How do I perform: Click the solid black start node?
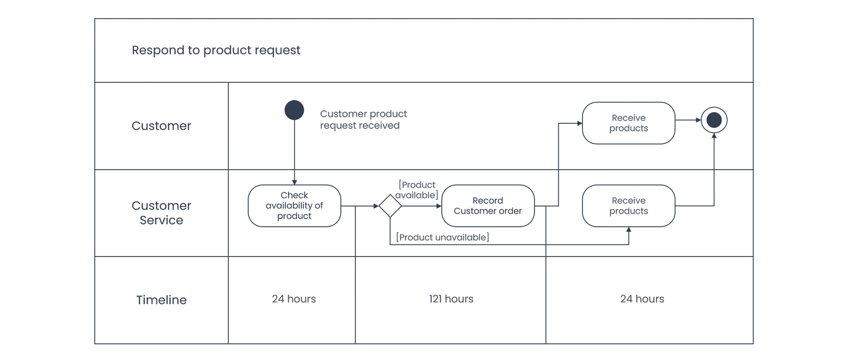click(x=294, y=110)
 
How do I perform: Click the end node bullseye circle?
click(x=714, y=120)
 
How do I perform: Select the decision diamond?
click(x=390, y=206)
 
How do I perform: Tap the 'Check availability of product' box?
click(x=295, y=206)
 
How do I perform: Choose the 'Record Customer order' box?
click(x=488, y=206)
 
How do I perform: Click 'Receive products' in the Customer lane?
click(x=628, y=123)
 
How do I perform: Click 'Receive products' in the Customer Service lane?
click(x=628, y=206)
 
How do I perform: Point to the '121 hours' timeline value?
click(x=451, y=299)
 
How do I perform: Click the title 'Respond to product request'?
click(x=216, y=50)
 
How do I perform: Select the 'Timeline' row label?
click(x=162, y=300)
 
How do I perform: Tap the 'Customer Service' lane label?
click(x=162, y=213)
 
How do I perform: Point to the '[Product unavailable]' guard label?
click(x=443, y=237)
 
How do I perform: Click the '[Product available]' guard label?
click(x=417, y=190)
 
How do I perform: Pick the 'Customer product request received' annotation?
click(x=363, y=120)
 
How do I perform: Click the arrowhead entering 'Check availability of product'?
click(x=295, y=182)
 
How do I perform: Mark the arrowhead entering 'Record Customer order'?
click(x=439, y=206)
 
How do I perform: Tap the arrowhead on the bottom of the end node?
click(x=714, y=135)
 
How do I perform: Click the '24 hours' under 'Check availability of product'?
click(x=294, y=299)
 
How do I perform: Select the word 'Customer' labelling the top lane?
click(x=162, y=126)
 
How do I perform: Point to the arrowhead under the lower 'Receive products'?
click(x=628, y=229)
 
